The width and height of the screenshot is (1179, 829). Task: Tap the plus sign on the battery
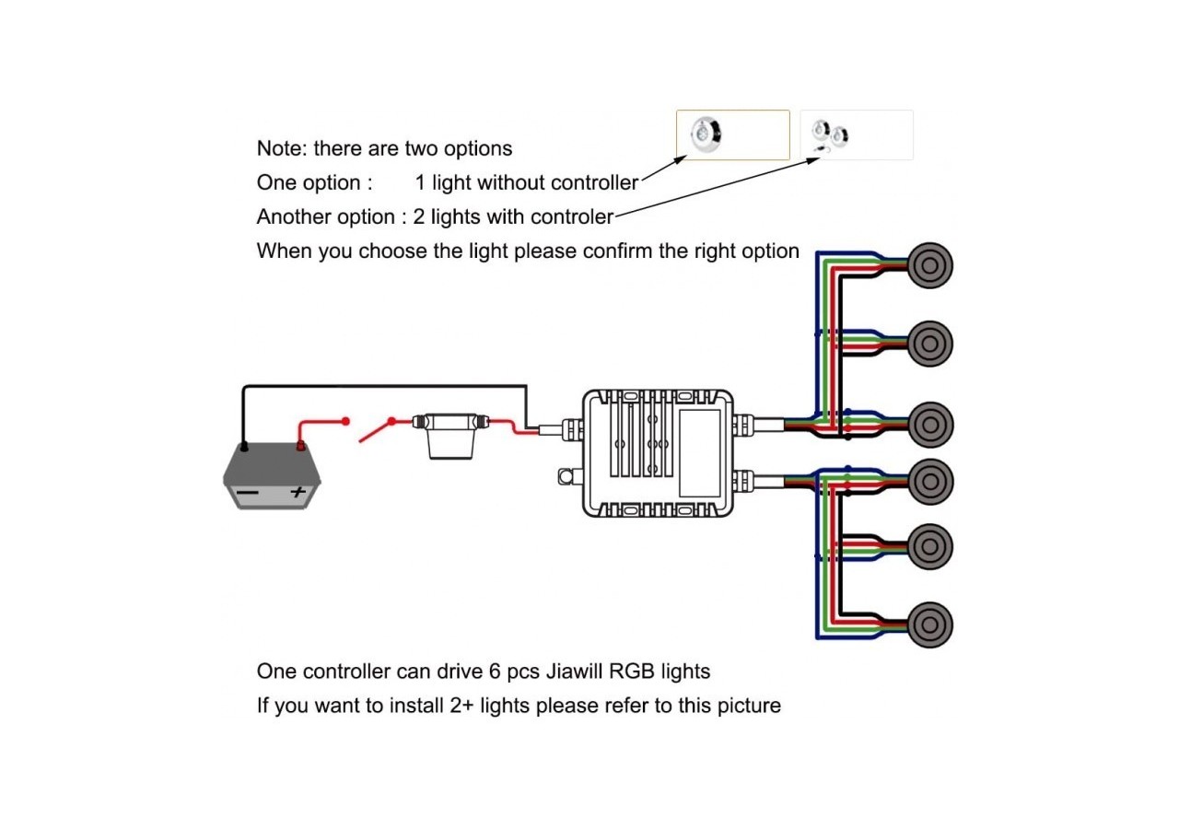[x=297, y=493]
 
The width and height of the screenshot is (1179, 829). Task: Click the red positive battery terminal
[x=299, y=448]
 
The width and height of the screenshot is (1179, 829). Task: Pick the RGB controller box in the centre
[x=658, y=451]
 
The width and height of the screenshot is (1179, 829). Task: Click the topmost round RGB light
[x=929, y=264]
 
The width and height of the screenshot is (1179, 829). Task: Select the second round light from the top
[x=929, y=344]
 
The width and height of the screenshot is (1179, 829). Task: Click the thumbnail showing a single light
[x=732, y=134]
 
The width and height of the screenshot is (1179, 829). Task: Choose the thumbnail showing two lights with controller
[x=856, y=135]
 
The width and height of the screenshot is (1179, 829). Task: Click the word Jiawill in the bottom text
[x=577, y=671]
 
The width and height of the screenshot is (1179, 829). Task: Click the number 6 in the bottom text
[x=496, y=671]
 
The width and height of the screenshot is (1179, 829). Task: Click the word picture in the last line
[x=748, y=706]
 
